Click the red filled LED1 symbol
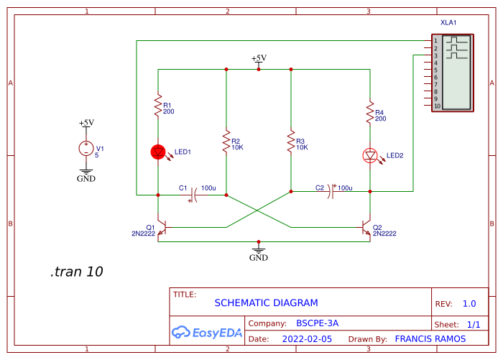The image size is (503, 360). [158, 152]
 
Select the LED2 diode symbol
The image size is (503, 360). [370, 155]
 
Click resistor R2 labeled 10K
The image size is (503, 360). [226, 141]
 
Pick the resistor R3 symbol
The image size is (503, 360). [291, 141]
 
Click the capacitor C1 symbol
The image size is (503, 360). [193, 194]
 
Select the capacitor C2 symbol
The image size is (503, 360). [331, 191]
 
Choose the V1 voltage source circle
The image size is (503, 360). [86, 149]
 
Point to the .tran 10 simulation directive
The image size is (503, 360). [76, 272]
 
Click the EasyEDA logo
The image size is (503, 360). [207, 332]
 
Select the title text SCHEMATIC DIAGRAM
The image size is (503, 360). [266, 303]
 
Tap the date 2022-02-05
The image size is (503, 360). [307, 338]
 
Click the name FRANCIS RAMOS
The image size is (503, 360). [430, 338]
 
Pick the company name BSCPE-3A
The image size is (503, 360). [317, 323]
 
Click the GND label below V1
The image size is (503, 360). [86, 179]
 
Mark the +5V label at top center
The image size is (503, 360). [259, 58]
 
